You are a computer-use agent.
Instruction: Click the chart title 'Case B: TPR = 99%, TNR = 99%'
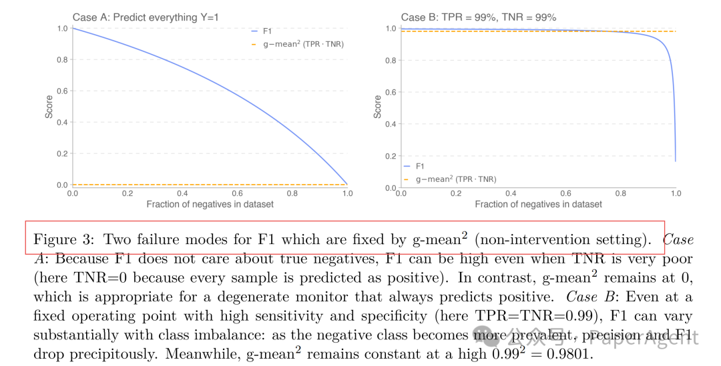click(x=478, y=18)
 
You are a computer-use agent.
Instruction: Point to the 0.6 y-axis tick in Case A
click(x=63, y=91)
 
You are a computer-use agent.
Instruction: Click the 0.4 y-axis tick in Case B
click(x=392, y=124)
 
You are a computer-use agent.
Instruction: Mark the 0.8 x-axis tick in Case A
click(x=292, y=193)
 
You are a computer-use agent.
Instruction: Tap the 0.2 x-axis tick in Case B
click(x=456, y=193)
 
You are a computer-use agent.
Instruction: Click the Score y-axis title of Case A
click(x=49, y=107)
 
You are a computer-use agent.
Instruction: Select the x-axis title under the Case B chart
click(x=539, y=204)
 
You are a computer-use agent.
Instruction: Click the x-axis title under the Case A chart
click(x=210, y=204)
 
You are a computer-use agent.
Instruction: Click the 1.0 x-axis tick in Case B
click(x=676, y=193)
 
